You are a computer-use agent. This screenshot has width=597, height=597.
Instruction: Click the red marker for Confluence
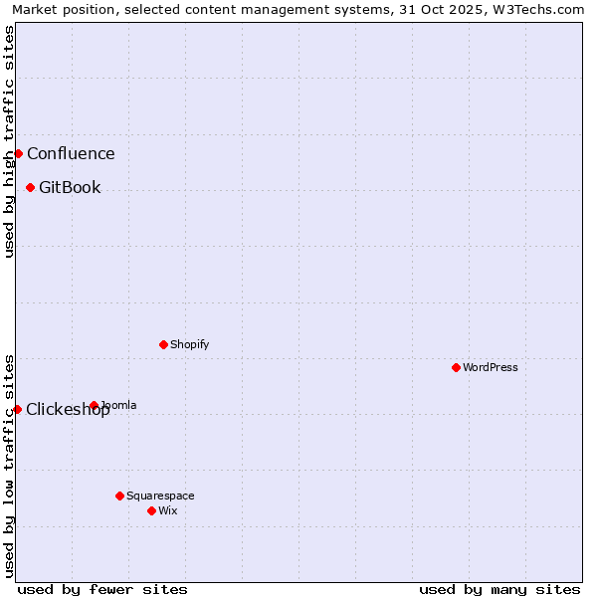click(x=18, y=153)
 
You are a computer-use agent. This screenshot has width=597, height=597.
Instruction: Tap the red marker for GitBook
click(x=30, y=187)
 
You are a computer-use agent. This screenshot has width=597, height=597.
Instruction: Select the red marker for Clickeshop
click(x=17, y=409)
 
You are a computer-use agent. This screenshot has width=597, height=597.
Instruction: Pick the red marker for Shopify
click(x=163, y=344)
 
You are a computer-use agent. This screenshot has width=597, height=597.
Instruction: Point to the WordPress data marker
click(x=456, y=367)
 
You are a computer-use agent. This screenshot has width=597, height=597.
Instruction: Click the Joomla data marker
click(x=94, y=405)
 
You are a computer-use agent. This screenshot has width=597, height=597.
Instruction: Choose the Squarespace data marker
click(x=119, y=496)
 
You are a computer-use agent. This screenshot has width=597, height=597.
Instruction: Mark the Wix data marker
click(x=151, y=510)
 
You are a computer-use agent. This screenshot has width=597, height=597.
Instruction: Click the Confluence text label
click(x=71, y=153)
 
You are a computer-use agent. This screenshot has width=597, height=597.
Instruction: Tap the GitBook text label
click(x=70, y=187)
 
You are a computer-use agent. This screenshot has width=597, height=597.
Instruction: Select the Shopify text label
click(x=189, y=344)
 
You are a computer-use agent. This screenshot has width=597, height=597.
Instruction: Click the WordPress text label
click(x=491, y=367)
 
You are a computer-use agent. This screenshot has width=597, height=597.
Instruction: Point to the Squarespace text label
click(x=160, y=496)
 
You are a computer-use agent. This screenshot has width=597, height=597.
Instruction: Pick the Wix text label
click(x=168, y=510)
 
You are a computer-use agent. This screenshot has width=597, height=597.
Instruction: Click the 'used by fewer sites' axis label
click(x=102, y=589)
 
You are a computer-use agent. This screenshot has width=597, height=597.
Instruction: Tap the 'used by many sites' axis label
click(x=499, y=589)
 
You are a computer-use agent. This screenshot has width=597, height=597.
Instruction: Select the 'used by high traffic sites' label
click(x=9, y=141)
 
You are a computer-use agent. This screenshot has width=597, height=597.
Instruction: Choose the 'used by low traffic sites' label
click(x=9, y=466)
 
